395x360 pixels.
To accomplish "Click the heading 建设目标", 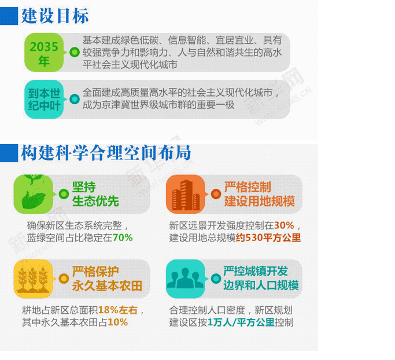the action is (55, 16).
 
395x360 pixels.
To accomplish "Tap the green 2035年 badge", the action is (44, 53).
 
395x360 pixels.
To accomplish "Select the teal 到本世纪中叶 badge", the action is (44, 99).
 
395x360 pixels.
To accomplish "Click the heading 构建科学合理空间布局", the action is (106, 153).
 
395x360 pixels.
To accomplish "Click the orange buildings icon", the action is (186, 194).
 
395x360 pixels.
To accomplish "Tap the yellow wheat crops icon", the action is (33, 279).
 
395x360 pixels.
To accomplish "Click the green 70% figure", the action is (123, 237).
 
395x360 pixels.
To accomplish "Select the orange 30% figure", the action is (284, 225).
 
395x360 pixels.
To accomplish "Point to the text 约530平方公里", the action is (268, 237).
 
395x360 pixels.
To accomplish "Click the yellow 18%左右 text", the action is (117, 310).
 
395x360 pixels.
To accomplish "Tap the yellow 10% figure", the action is (117, 322).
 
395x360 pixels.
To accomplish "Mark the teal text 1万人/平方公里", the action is (241, 322).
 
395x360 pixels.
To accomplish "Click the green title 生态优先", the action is (96, 201).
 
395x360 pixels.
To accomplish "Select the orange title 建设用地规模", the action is (260, 201).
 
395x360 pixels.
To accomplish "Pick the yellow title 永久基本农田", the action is (108, 286).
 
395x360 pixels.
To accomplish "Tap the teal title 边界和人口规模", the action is (261, 285).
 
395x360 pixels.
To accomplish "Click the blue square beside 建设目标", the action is (9, 16).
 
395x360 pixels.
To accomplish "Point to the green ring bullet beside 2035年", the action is (75, 53).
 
